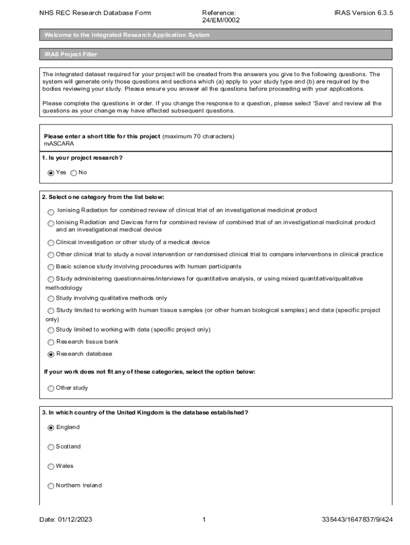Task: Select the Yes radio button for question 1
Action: pos(51,172)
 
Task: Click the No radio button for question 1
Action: pos(73,172)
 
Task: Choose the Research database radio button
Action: pos(51,354)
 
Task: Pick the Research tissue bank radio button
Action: pos(51,342)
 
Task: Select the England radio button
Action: pos(51,427)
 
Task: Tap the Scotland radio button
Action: pos(51,447)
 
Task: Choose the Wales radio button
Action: pos(51,467)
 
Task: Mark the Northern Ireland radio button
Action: pos(51,486)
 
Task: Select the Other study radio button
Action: pos(51,389)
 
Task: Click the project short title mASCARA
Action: pos(59,144)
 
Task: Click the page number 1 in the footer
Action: pos(204,520)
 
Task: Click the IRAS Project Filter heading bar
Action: pos(216,54)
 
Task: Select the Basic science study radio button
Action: pos(51,267)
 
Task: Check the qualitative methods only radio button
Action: pos(51,299)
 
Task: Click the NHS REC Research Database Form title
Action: pos(95,13)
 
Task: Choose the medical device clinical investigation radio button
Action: pos(51,243)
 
